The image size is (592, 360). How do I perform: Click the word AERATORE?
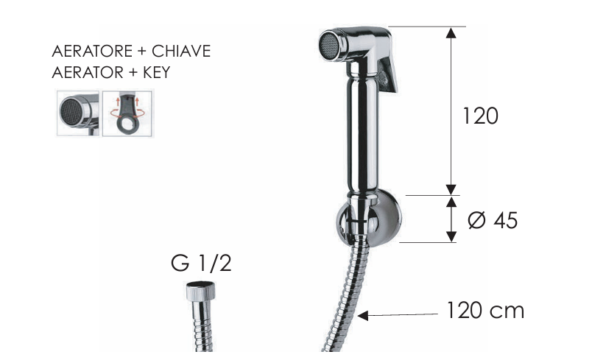coord(92,52)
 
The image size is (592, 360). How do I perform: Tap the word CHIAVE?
coord(181,52)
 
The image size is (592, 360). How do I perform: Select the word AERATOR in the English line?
coord(88,72)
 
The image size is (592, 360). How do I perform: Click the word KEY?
coord(157,72)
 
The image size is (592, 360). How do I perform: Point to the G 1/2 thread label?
coord(201,263)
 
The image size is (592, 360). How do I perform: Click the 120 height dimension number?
coord(480,116)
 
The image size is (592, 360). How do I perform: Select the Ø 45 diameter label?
coord(493,220)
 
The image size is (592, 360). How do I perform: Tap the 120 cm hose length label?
coord(485,311)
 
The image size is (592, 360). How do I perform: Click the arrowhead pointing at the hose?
coord(363,316)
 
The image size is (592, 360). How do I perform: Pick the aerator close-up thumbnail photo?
coord(78,113)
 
